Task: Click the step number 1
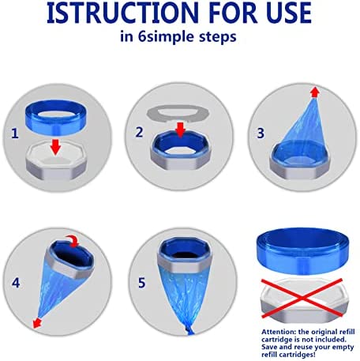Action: [15, 133]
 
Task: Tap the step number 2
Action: [139, 132]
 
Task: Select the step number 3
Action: [261, 133]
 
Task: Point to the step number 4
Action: [16, 283]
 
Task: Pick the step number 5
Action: [141, 283]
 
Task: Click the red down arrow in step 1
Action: [55, 147]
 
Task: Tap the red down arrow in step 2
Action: [180, 130]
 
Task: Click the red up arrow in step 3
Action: [315, 92]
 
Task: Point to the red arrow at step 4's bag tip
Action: [37, 323]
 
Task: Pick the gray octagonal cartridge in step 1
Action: [56, 160]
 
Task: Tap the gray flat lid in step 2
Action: [178, 114]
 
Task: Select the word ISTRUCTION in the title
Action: [122, 13]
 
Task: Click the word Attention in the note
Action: [277, 332]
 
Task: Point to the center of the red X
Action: [302, 299]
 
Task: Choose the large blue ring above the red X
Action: [303, 251]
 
